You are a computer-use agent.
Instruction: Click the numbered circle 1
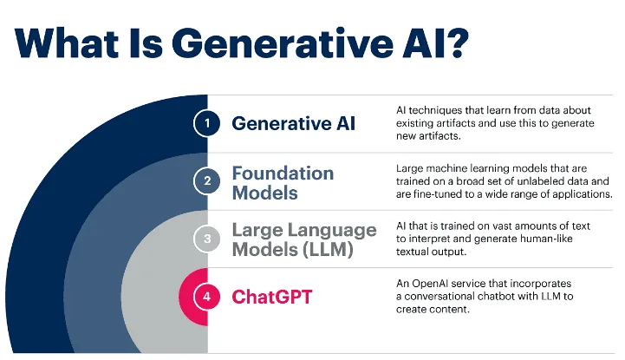[207, 123]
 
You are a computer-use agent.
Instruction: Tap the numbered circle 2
[207, 181]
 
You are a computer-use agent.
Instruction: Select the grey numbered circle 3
[207, 239]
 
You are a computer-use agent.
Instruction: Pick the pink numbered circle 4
[207, 297]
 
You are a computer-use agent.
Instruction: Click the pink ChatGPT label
[272, 297]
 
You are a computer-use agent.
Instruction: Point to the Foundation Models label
[283, 183]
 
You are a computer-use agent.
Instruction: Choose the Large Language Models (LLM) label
[304, 239]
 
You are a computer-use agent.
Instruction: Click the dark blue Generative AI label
[293, 123]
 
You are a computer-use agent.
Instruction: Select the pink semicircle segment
[193, 297]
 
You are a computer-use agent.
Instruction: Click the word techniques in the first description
[433, 110]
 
